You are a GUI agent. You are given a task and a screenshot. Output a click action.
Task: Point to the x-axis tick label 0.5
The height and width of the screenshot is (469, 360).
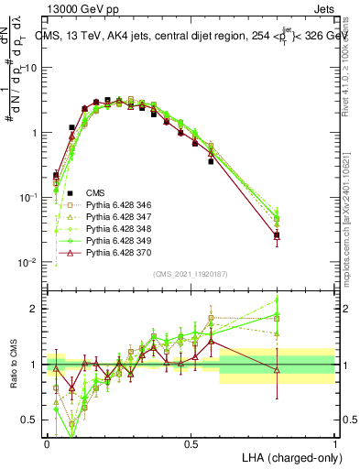191,443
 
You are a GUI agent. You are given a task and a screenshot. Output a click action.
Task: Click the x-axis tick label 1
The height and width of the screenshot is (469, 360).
334,443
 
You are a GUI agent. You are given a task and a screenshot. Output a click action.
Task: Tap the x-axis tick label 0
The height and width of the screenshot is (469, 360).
47,443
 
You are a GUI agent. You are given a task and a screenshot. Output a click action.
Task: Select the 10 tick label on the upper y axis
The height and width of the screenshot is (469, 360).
32,69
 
